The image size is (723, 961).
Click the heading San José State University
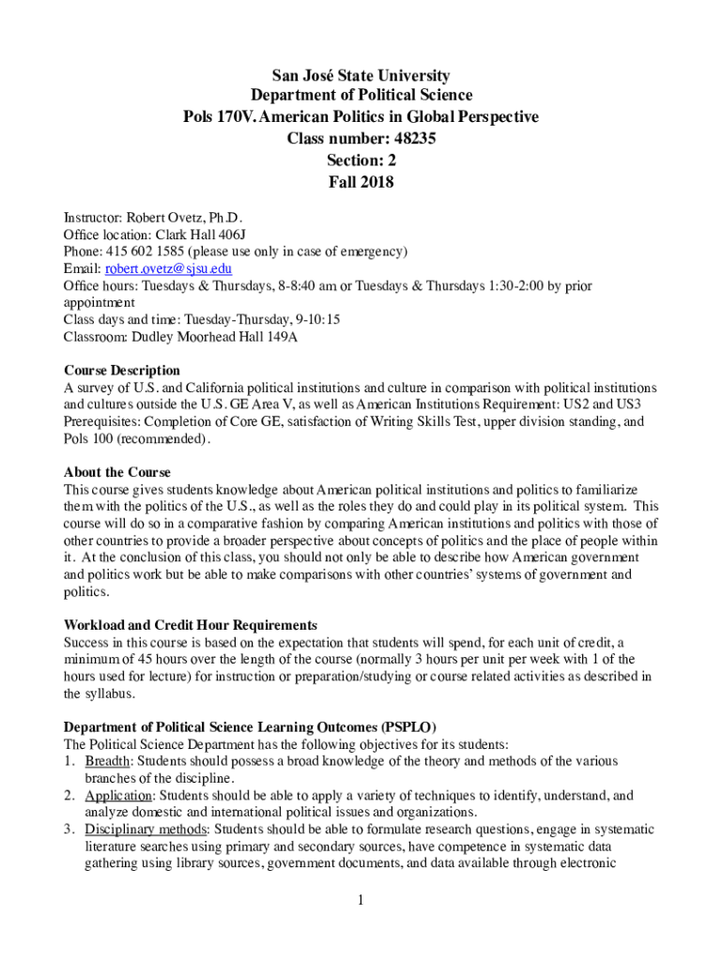pos(361,75)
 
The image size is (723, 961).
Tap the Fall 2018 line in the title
pos(361,182)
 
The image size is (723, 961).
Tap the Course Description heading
pos(121,371)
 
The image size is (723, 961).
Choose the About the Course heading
pos(116,472)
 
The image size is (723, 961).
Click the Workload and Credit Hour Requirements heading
pos(190,625)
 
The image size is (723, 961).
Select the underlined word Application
pos(117,795)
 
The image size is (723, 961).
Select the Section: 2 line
pos(361,160)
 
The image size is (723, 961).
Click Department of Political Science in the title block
pos(361,96)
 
